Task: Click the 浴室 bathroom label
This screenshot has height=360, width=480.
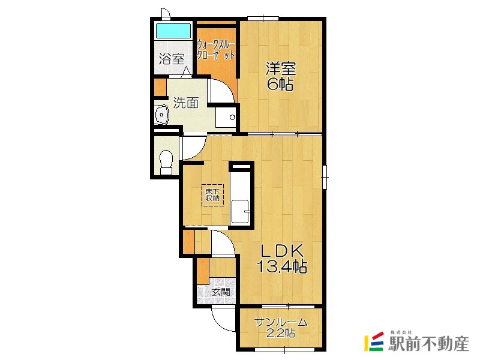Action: (x=171, y=59)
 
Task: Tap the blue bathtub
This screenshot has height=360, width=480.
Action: (x=173, y=31)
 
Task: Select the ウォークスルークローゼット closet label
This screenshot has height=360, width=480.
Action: (x=215, y=48)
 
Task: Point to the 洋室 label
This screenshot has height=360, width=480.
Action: (x=281, y=68)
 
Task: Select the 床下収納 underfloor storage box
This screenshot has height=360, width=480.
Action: (x=212, y=194)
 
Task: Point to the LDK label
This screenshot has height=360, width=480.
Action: (x=281, y=250)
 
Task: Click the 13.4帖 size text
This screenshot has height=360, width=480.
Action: (x=281, y=266)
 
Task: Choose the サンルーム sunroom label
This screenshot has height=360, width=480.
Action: (x=281, y=322)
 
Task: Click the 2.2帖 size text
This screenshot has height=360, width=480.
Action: (x=281, y=334)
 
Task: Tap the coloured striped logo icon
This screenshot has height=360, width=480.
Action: (x=374, y=341)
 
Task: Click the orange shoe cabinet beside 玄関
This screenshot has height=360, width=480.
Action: (x=202, y=271)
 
